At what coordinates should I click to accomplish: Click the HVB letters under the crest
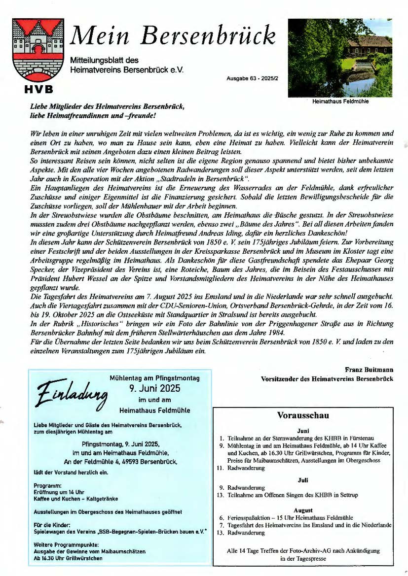pos(38,89)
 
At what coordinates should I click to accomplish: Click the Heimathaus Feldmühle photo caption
pos(340,102)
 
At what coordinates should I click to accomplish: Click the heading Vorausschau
pos(302,415)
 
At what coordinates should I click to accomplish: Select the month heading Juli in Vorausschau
pos(302,479)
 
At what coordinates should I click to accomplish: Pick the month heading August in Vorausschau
pos(302,510)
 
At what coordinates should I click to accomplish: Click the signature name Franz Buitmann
pos(369,369)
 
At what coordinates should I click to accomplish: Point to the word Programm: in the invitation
pos(47,485)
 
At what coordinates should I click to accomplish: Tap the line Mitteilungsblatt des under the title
pos(104,60)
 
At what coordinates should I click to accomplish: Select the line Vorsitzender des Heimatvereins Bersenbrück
pos(327,378)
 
